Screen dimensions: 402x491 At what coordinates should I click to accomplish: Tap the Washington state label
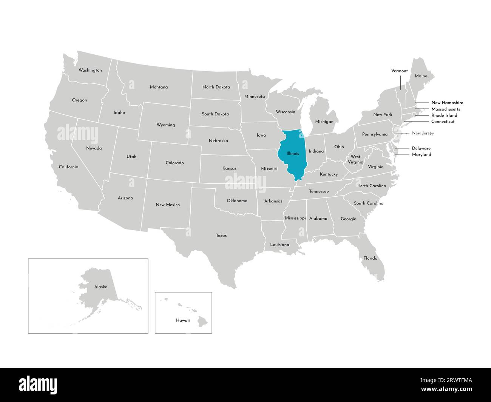point(90,70)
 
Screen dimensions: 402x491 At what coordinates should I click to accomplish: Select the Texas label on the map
point(221,236)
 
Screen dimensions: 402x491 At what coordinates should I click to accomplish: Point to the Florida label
point(370,258)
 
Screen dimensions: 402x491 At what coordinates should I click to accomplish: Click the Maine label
point(421,76)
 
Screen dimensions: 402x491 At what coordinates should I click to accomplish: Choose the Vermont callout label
point(399,71)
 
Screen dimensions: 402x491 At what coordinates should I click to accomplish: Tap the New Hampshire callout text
point(447,103)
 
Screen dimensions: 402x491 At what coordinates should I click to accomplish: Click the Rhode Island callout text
point(444,116)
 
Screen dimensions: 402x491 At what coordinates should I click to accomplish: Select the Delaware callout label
point(421,148)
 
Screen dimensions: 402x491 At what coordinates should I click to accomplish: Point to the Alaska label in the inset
point(101,287)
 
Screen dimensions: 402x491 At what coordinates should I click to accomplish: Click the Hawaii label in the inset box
point(183,320)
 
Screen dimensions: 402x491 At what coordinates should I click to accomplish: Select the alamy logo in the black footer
point(38,385)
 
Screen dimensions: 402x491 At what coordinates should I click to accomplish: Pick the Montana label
point(159,87)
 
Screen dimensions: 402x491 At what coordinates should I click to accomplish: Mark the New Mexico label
point(168,205)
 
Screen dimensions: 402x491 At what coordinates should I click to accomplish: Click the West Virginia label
point(355,159)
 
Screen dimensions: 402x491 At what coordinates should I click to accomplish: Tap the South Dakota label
point(215,114)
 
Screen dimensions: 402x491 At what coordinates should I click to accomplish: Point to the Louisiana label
point(279,245)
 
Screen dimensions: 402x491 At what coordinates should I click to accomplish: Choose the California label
point(68,167)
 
